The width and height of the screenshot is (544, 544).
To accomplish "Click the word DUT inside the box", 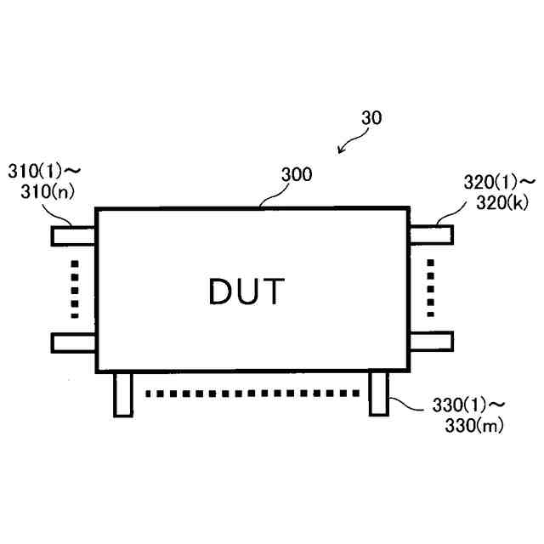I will coord(246,292).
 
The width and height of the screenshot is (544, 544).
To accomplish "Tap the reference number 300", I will coord(296,176).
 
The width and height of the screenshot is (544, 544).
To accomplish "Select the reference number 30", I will coord(371,119).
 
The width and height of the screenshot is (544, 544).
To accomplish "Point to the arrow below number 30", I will coord(346,145).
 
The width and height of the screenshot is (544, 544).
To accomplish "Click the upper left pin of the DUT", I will coord(74,235).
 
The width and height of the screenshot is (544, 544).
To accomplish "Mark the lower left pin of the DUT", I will coord(74,342).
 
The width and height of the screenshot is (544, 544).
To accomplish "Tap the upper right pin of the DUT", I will coord(431,235).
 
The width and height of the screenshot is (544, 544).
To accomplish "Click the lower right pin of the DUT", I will coord(431,342).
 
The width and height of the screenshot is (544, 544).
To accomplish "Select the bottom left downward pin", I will coord(123,394).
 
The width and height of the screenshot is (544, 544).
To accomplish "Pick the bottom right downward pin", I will coord(378,394).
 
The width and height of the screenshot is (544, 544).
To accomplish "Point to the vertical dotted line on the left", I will coord(75,288).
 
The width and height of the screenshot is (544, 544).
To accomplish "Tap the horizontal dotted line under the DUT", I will coord(251,394).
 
